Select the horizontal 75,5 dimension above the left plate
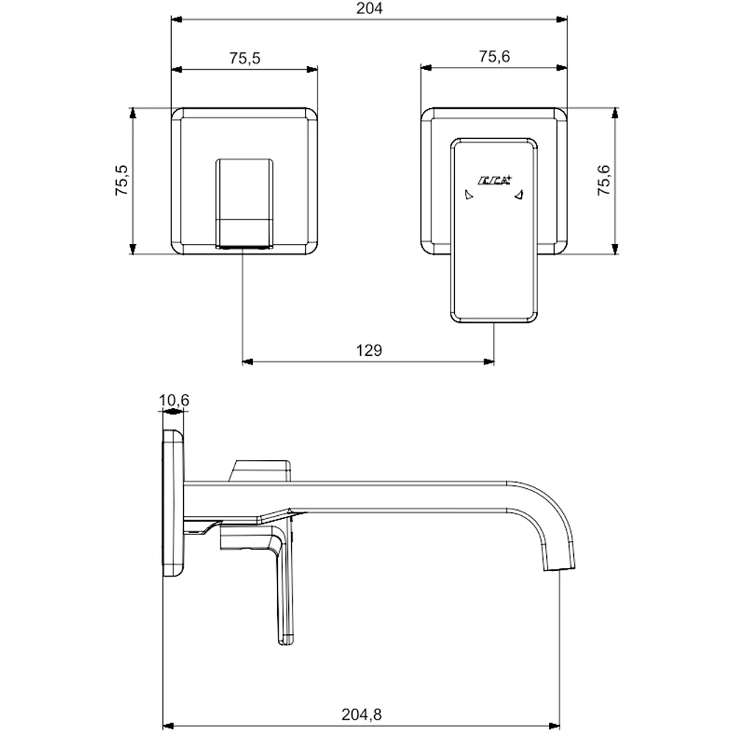(245, 59)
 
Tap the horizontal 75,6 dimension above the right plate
(495, 56)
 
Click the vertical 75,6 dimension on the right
(604, 181)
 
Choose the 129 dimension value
(369, 351)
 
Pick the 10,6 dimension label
(174, 400)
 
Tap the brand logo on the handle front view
(493, 179)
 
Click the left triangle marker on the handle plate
(467, 195)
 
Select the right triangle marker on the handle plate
(519, 195)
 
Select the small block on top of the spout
(261, 468)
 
